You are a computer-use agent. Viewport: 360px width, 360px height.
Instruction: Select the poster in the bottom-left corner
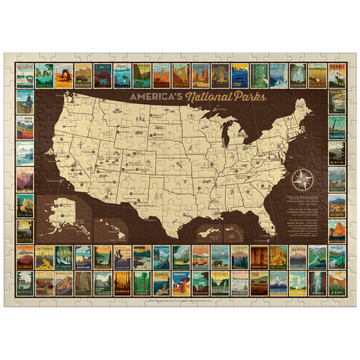[25, 283]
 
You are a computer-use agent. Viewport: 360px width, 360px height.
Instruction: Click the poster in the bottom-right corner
[336, 283]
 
